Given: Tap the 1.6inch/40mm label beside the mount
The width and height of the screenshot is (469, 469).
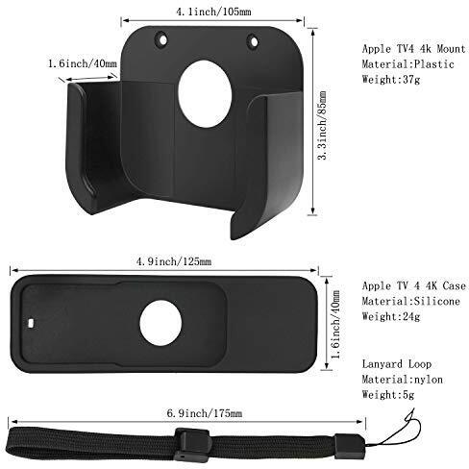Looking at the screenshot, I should (x=82, y=63).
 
